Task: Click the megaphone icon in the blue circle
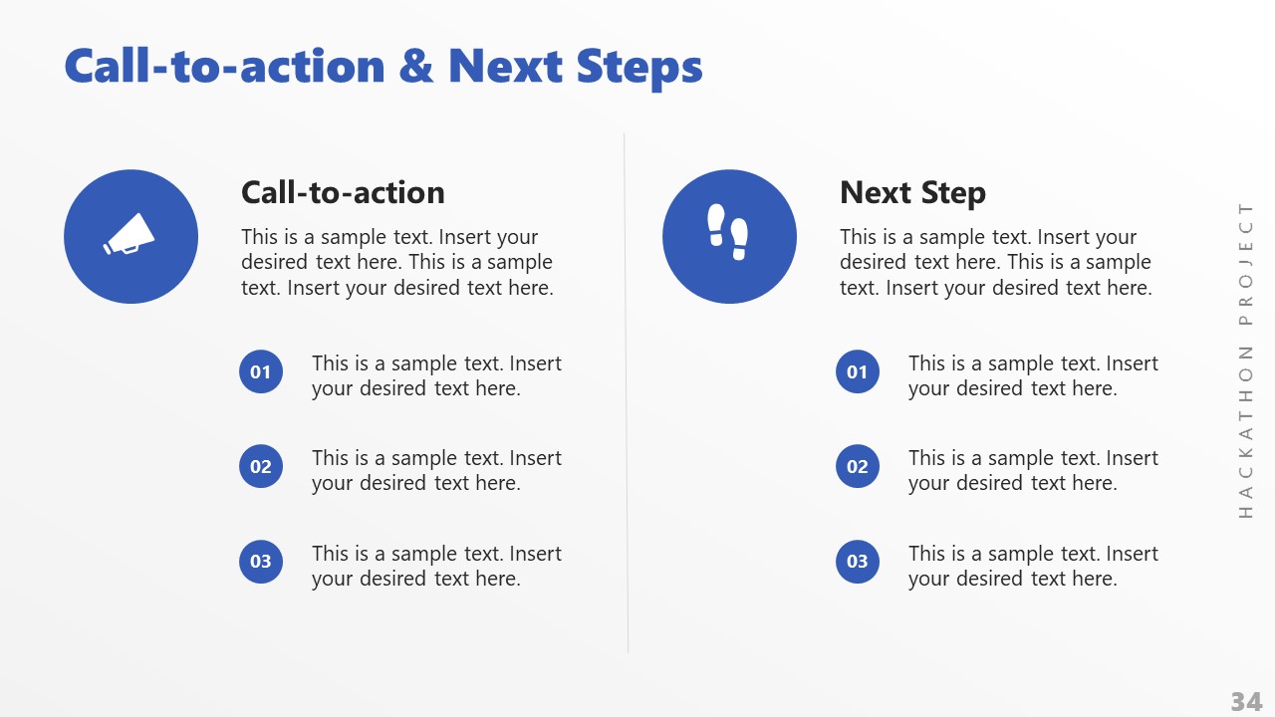tap(130, 236)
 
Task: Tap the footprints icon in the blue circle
tap(728, 232)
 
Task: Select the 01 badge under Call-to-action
tap(261, 372)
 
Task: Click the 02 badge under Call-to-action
tap(261, 466)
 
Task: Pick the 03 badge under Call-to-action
tap(261, 562)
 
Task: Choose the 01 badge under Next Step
tap(858, 372)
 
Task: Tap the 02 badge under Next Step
tap(858, 466)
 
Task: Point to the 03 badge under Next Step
tap(858, 562)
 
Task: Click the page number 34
tap(1246, 701)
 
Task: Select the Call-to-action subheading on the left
tap(343, 192)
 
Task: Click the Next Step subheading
tap(912, 192)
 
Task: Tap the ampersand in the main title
tap(416, 67)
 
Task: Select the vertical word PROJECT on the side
tap(1246, 263)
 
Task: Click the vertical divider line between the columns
tap(627, 398)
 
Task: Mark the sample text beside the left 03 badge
tap(436, 566)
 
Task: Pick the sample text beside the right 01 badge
tap(1033, 375)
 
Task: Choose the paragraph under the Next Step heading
tap(995, 263)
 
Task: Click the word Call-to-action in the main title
tap(224, 67)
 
